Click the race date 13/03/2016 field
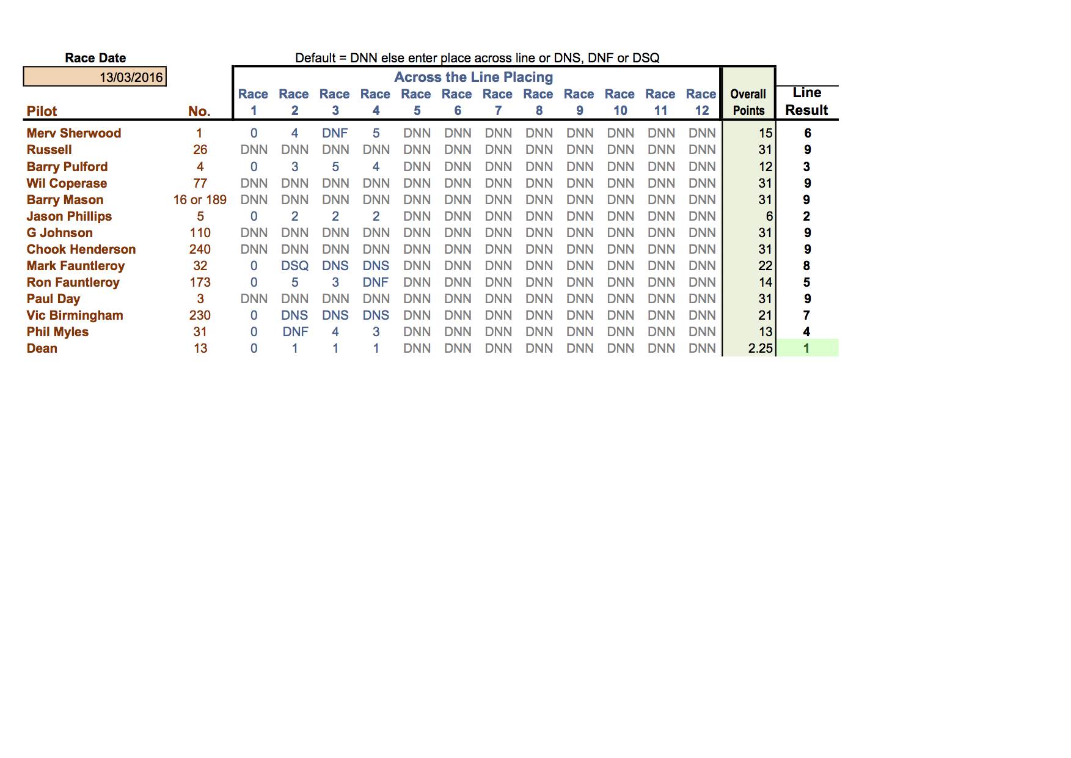pyautogui.click(x=95, y=77)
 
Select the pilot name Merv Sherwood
pyautogui.click(x=73, y=133)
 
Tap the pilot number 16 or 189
pyautogui.click(x=200, y=200)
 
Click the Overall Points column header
pyautogui.click(x=748, y=102)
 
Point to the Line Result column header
pyautogui.click(x=806, y=101)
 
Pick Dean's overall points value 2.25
pyautogui.click(x=760, y=348)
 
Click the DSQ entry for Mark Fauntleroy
pyautogui.click(x=294, y=266)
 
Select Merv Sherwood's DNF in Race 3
pyautogui.click(x=335, y=133)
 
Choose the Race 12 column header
pyautogui.click(x=701, y=102)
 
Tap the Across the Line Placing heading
pyautogui.click(x=473, y=77)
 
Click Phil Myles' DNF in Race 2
pyautogui.click(x=295, y=332)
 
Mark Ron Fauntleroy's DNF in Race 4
pyautogui.click(x=376, y=282)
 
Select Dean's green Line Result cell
pyautogui.click(x=806, y=348)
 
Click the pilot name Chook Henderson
pyautogui.click(x=81, y=249)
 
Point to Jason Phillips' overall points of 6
pyautogui.click(x=769, y=216)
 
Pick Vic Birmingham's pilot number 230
pyautogui.click(x=200, y=315)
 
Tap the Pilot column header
pyautogui.click(x=42, y=111)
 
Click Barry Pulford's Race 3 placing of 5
pyautogui.click(x=335, y=167)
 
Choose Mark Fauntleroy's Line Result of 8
pyautogui.click(x=806, y=266)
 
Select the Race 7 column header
pyautogui.click(x=498, y=102)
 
